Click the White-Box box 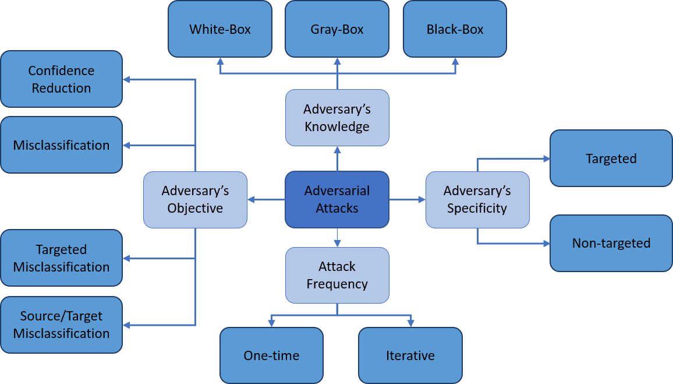point(220,29)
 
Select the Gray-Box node point(337,29)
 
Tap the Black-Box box point(455,29)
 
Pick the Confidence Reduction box point(61,79)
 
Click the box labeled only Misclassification point(61,145)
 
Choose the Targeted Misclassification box point(61,258)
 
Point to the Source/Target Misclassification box point(61,325)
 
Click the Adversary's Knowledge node point(337,118)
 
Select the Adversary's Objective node point(195,199)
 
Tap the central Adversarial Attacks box point(337,199)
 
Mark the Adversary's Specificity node point(477,199)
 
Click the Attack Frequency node point(337,275)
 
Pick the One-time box point(271,355)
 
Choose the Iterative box point(410,355)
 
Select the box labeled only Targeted point(611,158)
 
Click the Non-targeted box point(611,243)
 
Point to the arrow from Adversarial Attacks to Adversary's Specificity point(407,200)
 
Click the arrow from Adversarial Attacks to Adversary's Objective point(266,200)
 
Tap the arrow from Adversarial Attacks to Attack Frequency point(337,237)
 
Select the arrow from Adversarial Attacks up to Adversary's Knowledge point(337,158)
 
